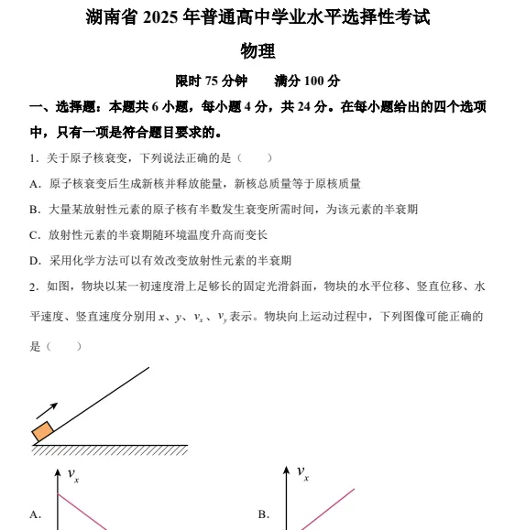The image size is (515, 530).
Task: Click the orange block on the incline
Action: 42,432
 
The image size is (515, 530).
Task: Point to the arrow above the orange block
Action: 47,409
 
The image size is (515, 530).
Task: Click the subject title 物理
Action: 257,51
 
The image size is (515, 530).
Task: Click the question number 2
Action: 33,287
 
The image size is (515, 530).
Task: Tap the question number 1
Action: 33,157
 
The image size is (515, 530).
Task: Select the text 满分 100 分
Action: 307,81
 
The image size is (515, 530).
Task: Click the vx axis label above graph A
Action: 73,474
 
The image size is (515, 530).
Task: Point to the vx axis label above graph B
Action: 302,472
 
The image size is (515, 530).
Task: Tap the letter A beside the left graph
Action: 35,514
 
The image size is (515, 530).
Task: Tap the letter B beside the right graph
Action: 263,514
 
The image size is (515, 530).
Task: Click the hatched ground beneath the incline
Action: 110,450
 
